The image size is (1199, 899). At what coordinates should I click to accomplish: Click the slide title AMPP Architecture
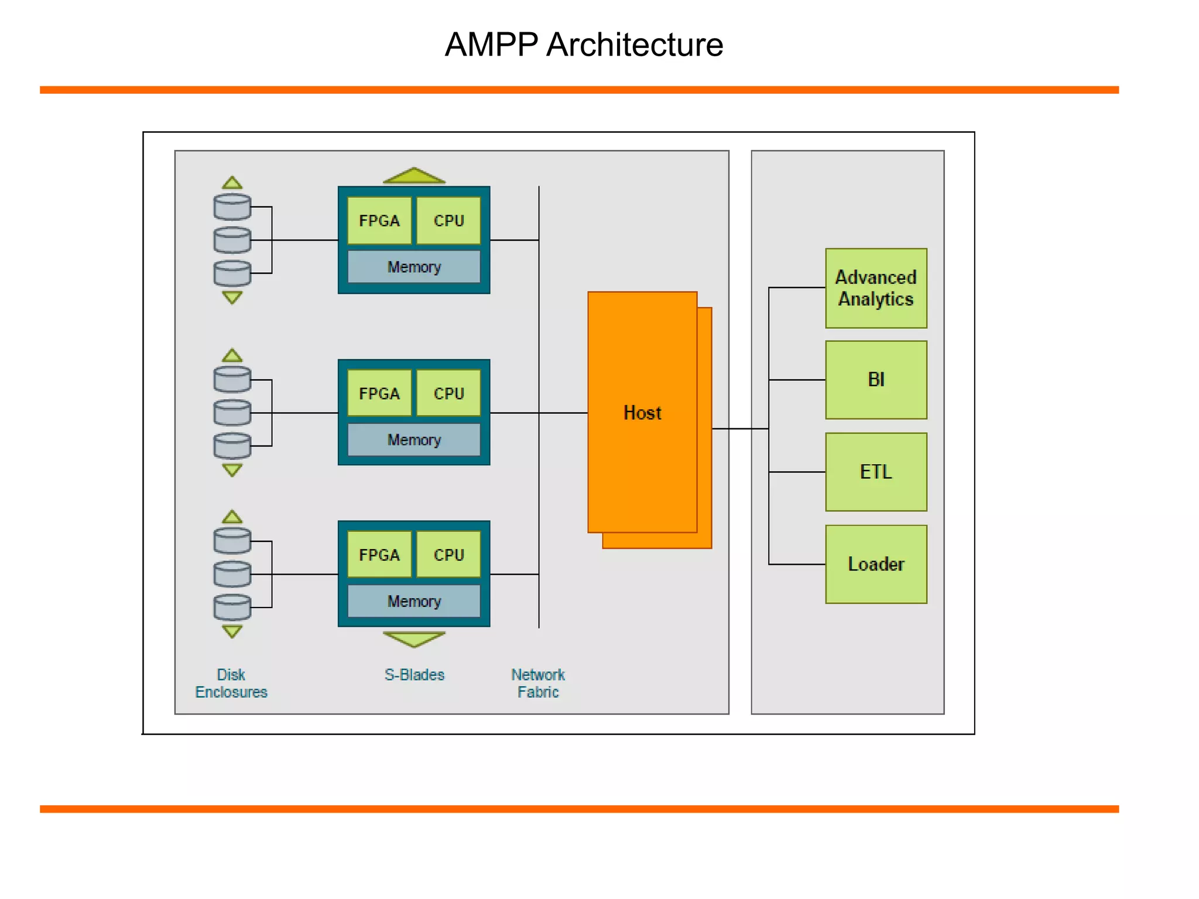pos(584,44)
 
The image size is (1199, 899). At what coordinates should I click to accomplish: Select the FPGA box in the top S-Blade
pos(379,221)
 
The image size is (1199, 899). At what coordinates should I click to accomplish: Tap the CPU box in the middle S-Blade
pos(448,393)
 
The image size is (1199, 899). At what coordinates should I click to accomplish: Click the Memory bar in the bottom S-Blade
pos(414,601)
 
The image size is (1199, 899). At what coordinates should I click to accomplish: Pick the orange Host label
pos(642,413)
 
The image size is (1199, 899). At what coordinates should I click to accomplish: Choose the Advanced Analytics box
pos(876,288)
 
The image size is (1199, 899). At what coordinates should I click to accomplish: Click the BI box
pos(876,380)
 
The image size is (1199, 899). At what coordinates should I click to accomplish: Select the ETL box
pos(876,472)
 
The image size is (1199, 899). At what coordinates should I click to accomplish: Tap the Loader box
pos(876,564)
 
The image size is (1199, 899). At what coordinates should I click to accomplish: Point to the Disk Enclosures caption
pos(231,683)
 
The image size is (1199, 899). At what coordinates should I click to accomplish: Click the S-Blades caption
pos(414,675)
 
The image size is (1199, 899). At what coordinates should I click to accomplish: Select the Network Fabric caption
pos(538,683)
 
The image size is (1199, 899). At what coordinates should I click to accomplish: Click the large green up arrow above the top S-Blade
pos(414,176)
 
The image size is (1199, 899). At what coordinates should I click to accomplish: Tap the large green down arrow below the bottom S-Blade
pos(414,639)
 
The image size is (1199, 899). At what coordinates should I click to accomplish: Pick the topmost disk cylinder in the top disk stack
pos(232,207)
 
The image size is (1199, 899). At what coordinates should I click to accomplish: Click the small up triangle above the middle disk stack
pos(232,356)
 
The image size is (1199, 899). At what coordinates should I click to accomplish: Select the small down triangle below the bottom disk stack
pos(232,631)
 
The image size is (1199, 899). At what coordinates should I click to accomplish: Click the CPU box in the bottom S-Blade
pos(448,554)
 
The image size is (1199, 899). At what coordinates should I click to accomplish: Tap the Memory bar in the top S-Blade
pos(414,267)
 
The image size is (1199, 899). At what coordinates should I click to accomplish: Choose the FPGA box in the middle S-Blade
pos(379,393)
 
